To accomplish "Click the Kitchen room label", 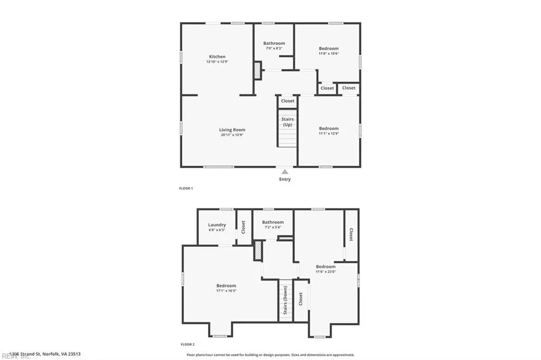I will click(x=217, y=56).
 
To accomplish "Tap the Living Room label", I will click(x=232, y=130).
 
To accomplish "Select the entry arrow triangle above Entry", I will click(x=285, y=171).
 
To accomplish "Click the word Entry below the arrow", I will click(x=285, y=179).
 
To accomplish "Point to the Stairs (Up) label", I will click(x=287, y=122).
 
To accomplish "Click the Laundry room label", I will click(x=217, y=225).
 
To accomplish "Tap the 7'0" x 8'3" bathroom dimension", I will click(x=274, y=49).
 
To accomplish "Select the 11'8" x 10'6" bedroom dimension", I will click(x=329, y=53).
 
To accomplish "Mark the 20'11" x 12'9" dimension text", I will click(x=232, y=135).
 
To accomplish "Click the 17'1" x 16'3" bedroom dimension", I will click(x=226, y=291).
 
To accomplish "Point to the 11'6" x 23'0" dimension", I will click(x=325, y=272).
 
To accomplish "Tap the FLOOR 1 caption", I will click(x=186, y=188).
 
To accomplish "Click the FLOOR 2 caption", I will click(x=188, y=344).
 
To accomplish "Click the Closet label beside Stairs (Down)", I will click(x=301, y=299).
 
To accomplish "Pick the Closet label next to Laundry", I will click(x=244, y=228).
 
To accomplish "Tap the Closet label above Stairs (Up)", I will click(x=287, y=101).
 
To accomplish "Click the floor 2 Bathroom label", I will click(x=273, y=222).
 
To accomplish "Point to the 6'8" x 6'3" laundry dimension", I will click(x=217, y=230).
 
